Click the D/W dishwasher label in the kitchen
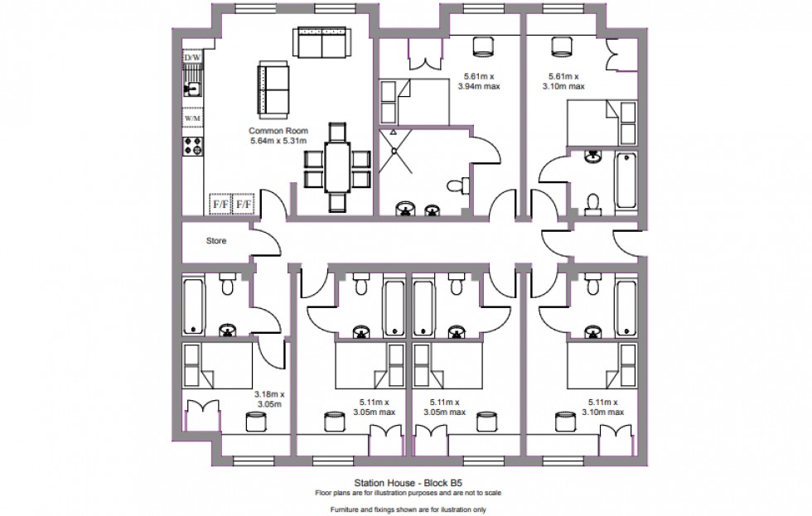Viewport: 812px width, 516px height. point(193,57)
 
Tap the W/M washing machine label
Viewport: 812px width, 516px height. point(193,118)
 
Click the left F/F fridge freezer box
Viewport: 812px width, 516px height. point(221,203)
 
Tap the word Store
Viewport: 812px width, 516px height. point(216,242)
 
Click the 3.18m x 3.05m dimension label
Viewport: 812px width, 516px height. point(269,399)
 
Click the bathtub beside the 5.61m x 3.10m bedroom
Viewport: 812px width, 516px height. point(626,180)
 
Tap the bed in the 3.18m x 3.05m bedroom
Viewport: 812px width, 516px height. point(217,366)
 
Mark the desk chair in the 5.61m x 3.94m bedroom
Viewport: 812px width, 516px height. point(482,46)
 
